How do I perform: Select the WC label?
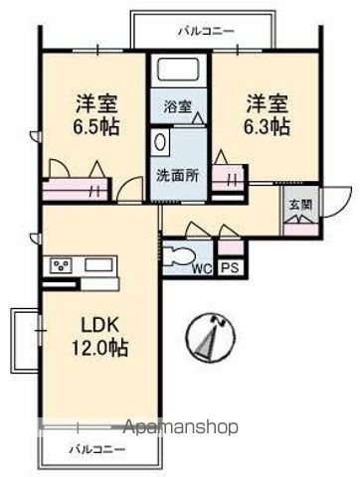(202, 267)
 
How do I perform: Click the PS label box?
(230, 267)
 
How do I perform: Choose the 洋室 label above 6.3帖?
(266, 101)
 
